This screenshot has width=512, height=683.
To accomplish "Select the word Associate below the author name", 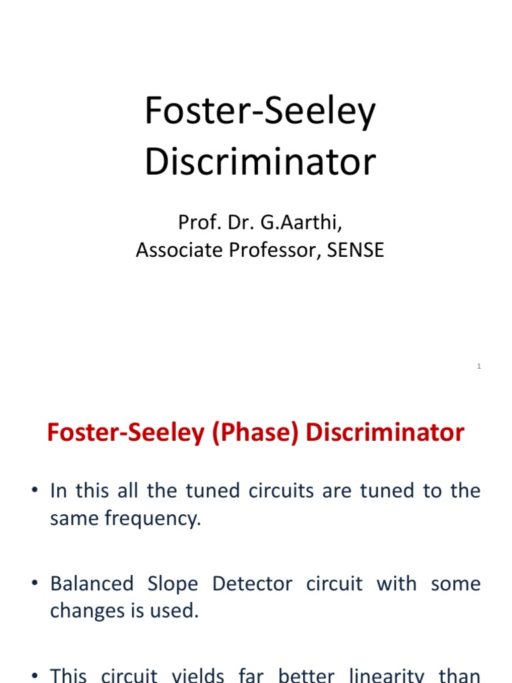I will click(175, 250).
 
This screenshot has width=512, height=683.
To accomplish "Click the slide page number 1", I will click(479, 366).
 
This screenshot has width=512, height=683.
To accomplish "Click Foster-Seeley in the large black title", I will click(260, 112).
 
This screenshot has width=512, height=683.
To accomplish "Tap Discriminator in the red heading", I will click(385, 433).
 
